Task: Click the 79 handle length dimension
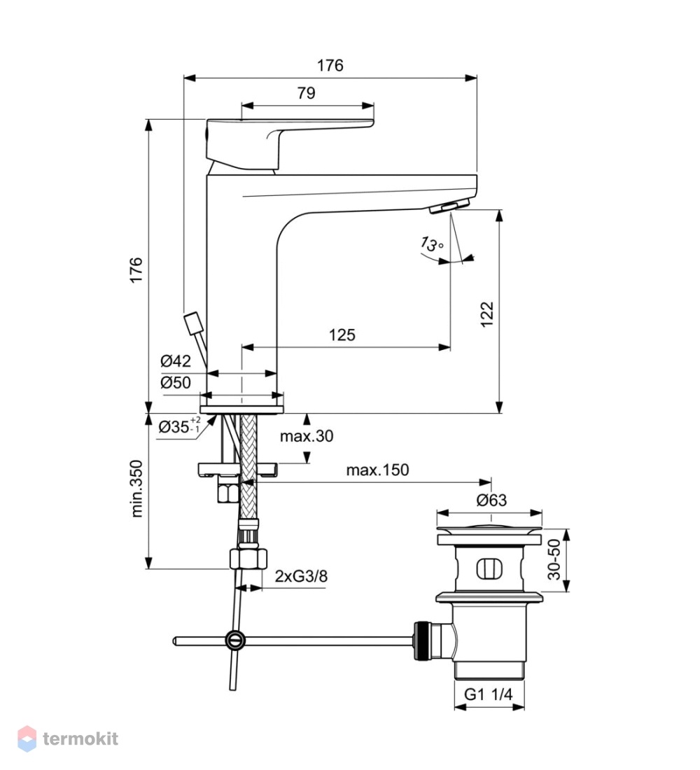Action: [x=307, y=93]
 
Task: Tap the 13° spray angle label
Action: [x=433, y=243]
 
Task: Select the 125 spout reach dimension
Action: [x=342, y=335]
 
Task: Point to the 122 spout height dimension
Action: [x=486, y=314]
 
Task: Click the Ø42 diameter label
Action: [x=176, y=361]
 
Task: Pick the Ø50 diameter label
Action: [x=176, y=382]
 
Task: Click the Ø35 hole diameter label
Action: [x=179, y=426]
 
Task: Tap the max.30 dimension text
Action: [x=307, y=435]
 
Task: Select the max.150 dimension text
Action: [x=377, y=470]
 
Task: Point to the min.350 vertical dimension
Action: [x=136, y=488]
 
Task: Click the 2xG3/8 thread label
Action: [x=301, y=575]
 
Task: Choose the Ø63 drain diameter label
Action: [x=491, y=500]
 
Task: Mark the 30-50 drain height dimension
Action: [x=554, y=559]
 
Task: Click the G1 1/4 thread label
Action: [x=489, y=694]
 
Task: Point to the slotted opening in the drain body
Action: [x=490, y=568]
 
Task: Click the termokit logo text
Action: [x=80, y=738]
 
